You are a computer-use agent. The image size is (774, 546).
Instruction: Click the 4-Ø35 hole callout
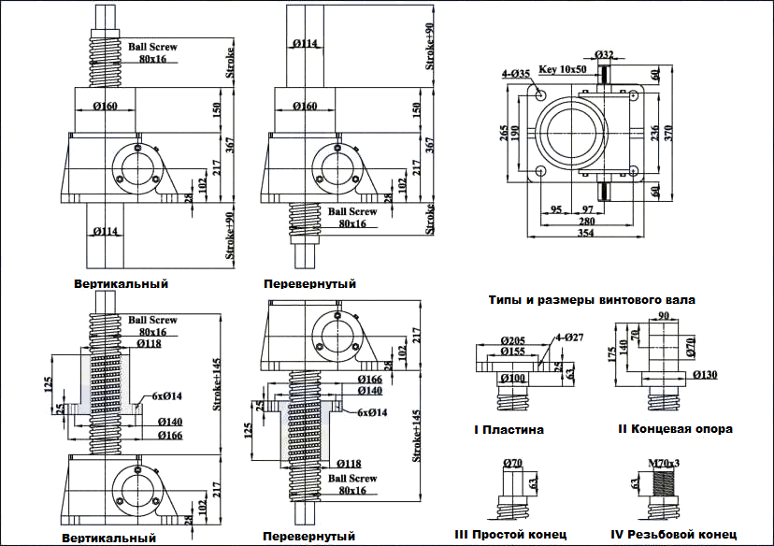[x=516, y=74]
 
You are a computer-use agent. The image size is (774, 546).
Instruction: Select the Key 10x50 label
[x=562, y=69]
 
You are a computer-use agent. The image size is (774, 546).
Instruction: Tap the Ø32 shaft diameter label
[x=604, y=54]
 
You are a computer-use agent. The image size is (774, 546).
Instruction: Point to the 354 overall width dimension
[x=586, y=233]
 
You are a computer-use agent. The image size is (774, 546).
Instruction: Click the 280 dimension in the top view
[x=586, y=222]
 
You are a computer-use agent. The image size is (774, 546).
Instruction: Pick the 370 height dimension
[x=669, y=133]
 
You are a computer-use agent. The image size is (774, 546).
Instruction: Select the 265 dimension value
[x=503, y=133]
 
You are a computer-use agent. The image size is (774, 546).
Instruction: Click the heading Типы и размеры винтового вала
[x=592, y=300]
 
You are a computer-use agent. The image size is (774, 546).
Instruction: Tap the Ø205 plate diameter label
[x=513, y=340]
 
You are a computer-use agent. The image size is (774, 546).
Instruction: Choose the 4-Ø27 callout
[x=569, y=338]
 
